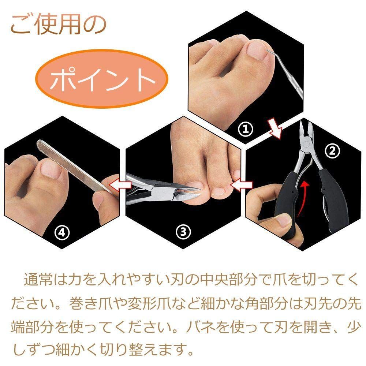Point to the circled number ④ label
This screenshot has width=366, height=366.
point(61,231)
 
